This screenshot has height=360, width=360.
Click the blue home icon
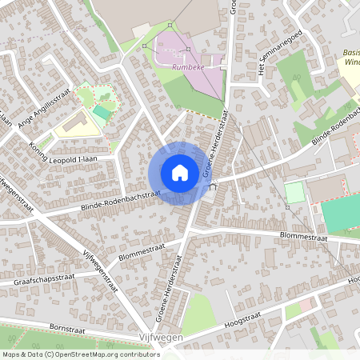[x=180, y=173]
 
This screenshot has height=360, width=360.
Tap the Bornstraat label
[x=66, y=327]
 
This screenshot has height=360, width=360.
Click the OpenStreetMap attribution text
[x=81, y=354]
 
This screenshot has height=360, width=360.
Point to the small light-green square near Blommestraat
[x=294, y=193]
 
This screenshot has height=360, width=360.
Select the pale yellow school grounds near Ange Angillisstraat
[x=72, y=124]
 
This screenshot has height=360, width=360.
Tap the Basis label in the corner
[x=350, y=54]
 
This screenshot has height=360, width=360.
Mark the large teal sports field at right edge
[x=342, y=212]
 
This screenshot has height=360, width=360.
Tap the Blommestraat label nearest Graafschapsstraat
[x=141, y=250]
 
